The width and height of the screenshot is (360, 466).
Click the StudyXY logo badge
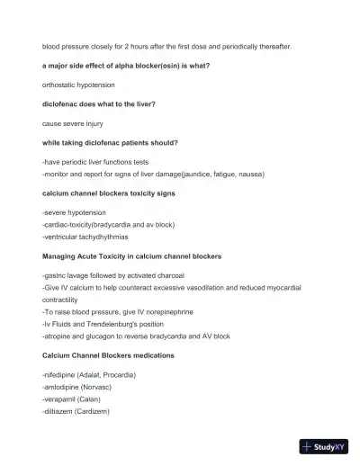coord(323,445)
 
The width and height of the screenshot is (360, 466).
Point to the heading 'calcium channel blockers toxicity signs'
coord(108,193)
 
